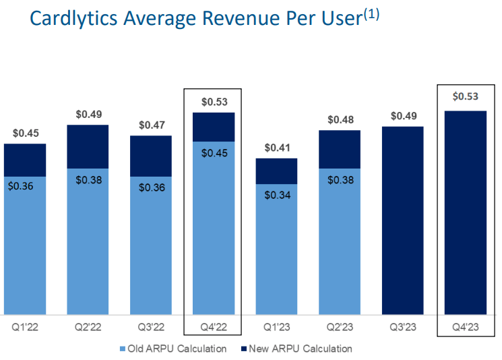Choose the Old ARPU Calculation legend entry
[172, 349]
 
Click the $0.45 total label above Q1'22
[25, 133]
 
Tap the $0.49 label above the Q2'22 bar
[88, 115]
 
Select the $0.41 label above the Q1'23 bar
[276, 148]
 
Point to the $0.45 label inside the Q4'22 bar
[214, 152]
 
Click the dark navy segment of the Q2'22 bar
[88, 146]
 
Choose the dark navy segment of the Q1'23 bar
[276, 171]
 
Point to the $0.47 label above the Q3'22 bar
[151, 125]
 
